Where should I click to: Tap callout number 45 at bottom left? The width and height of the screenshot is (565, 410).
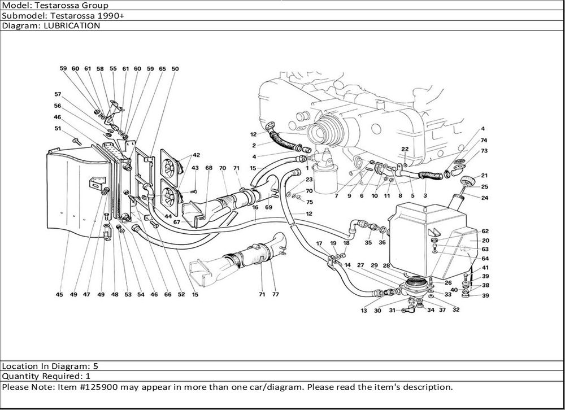[x=59, y=294]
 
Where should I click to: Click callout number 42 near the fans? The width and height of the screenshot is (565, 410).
[x=196, y=155]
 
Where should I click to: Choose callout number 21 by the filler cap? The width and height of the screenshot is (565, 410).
[x=484, y=176]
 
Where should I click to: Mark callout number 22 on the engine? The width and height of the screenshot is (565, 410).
[x=405, y=149]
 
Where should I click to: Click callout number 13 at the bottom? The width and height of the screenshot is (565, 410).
[x=364, y=311]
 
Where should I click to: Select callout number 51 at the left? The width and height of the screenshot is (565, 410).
[x=58, y=128]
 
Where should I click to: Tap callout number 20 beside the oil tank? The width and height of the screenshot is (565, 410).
[x=485, y=240]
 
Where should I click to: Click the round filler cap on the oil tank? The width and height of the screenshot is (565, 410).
[x=467, y=182]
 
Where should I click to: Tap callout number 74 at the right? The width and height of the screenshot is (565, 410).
[x=484, y=139]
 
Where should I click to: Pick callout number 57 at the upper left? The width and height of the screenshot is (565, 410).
[x=58, y=94]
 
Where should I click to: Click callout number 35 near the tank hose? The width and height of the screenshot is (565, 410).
[x=368, y=243]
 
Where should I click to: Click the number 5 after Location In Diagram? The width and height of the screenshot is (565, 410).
[x=95, y=365]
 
